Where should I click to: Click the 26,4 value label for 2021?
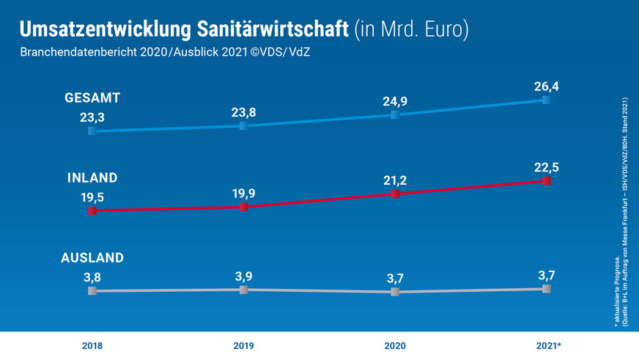pyautogui.click(x=545, y=88)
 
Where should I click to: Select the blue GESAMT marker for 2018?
pyautogui.click(x=92, y=131)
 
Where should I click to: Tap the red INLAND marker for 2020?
pyautogui.click(x=395, y=194)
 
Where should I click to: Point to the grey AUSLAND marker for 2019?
pyautogui.click(x=243, y=290)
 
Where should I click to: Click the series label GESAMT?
pyautogui.click(x=93, y=98)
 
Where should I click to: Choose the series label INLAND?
pyautogui.click(x=92, y=178)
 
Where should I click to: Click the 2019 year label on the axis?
pyautogui.click(x=243, y=345)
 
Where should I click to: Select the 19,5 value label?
pyautogui.click(x=92, y=196)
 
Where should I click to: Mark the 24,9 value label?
pyautogui.click(x=395, y=101)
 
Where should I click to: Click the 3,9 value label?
pyautogui.click(x=243, y=276)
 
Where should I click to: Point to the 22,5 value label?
pyautogui.click(x=545, y=167)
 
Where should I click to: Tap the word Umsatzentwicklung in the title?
pyautogui.click(x=106, y=29)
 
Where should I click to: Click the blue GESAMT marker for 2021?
pyautogui.click(x=546, y=100)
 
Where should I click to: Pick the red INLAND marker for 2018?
pyautogui.click(x=92, y=211)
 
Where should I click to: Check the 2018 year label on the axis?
pyautogui.click(x=92, y=345)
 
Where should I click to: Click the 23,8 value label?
pyautogui.click(x=243, y=113)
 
